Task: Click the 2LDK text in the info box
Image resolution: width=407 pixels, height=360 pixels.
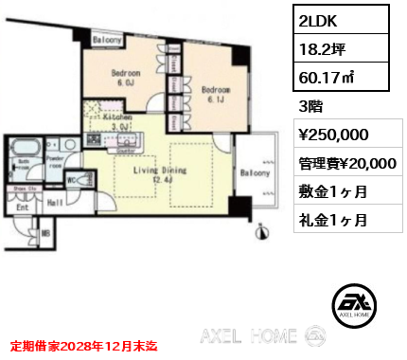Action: pyautogui.click(x=318, y=18)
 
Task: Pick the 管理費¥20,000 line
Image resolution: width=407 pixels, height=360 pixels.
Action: pyautogui.click(x=345, y=163)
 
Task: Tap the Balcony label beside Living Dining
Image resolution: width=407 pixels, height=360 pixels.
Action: pyautogui.click(x=256, y=174)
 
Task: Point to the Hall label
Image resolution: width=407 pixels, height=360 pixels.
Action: pyautogui.click(x=56, y=202)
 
